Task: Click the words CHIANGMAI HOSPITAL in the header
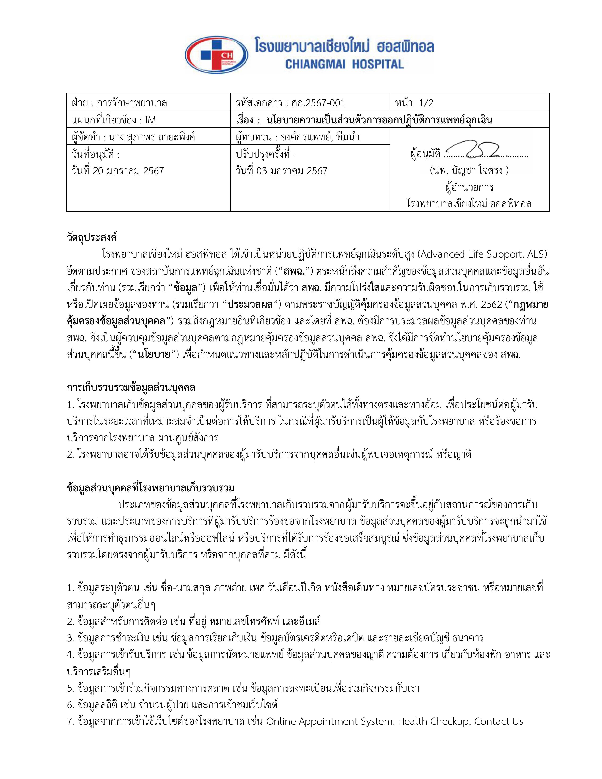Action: (x=344, y=64)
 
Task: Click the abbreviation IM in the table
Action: (x=151, y=120)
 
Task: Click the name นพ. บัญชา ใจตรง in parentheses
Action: (x=469, y=170)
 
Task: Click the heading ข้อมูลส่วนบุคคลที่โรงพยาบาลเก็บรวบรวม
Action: (x=151, y=488)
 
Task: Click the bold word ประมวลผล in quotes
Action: (x=250, y=305)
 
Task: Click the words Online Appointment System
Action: (x=330, y=721)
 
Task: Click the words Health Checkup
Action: (x=433, y=721)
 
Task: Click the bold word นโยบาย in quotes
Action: (x=154, y=355)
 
